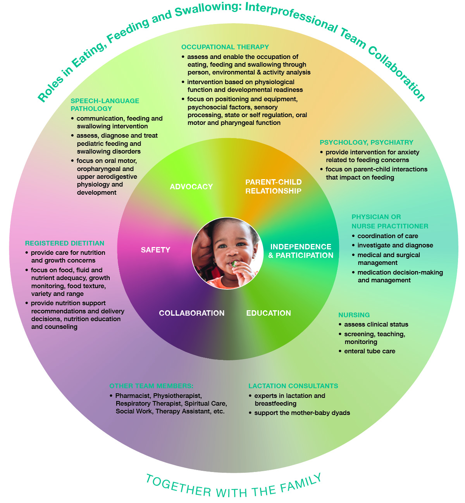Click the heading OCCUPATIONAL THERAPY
pos(225,47)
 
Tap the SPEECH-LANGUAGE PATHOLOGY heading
pos(105,105)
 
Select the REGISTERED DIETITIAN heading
pos(65,243)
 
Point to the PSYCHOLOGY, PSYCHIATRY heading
pos(366,142)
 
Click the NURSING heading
pos(354,315)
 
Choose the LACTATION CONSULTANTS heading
pos(293,386)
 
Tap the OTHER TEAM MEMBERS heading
pos(152,386)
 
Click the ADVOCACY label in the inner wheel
pos(191,187)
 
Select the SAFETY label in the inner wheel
pos(155,250)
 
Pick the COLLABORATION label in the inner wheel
pos(192,313)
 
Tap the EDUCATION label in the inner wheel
pos(269,313)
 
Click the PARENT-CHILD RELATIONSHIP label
pos(273,187)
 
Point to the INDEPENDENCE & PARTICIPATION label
pos(301,251)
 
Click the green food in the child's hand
pos(234,264)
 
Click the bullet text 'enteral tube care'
pos(370,351)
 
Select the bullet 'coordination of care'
pos(387,236)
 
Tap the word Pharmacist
pos(133,396)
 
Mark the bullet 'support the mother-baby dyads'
pos(302,413)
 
